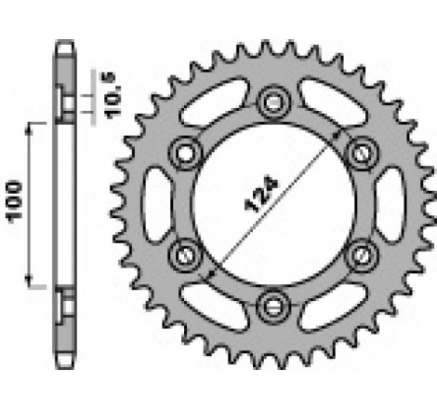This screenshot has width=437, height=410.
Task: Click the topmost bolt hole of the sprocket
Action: pos(272,100)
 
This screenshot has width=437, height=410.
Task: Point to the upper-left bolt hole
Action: pos(186,150)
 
